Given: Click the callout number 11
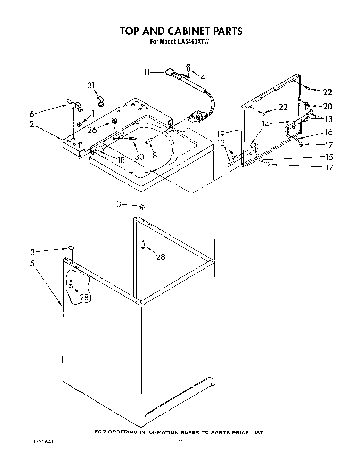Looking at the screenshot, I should pos(147,73).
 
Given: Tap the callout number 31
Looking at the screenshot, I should pos(91,85).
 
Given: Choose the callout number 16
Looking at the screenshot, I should pos(328,132).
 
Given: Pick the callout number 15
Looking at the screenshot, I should pos(328,157).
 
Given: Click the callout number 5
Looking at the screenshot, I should pos(32,263).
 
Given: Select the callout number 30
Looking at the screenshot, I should pos(139,157).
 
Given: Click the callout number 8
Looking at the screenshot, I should pos(154,155).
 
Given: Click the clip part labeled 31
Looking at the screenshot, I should pos(100,101).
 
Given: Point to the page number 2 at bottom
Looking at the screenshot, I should pos(180,442).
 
